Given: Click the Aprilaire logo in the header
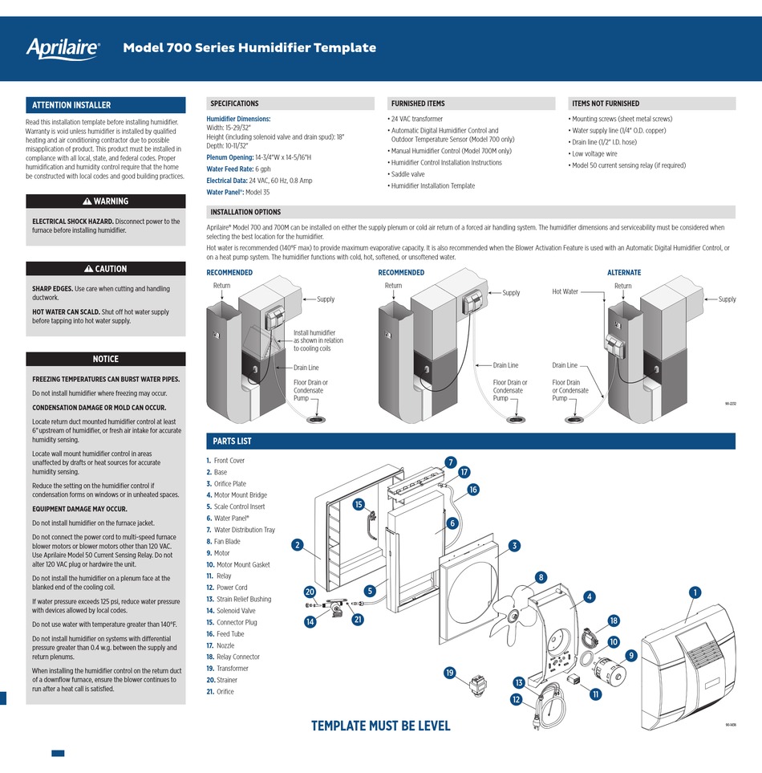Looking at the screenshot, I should (x=63, y=48).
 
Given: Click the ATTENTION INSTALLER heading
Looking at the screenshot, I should (x=71, y=105).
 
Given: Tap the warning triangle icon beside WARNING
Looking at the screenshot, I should (x=87, y=201).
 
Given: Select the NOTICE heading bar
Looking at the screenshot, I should (x=105, y=359).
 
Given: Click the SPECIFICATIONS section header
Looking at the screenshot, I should (x=234, y=104).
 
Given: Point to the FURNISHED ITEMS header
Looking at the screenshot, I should (x=417, y=104).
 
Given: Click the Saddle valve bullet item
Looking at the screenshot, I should (x=407, y=174).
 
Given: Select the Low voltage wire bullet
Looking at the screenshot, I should (x=595, y=153).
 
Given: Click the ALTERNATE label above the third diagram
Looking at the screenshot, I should (x=623, y=272).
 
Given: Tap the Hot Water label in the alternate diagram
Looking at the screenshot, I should (x=565, y=292).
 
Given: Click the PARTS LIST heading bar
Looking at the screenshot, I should (x=232, y=441).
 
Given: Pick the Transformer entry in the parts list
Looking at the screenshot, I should (x=231, y=669).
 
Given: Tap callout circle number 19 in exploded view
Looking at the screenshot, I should (x=450, y=672).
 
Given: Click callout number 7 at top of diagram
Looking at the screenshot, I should (x=450, y=463).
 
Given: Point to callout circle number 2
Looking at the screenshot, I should (x=297, y=546).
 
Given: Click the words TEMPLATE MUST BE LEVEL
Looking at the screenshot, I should (x=380, y=726).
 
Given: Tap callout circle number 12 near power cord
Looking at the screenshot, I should (x=516, y=700).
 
